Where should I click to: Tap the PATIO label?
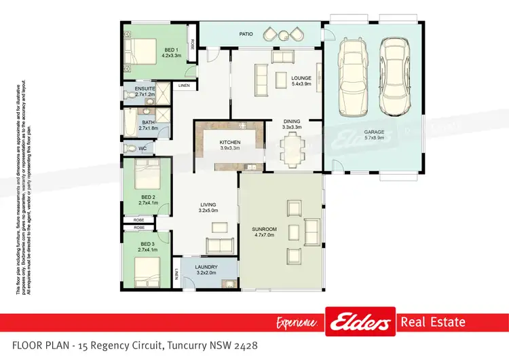[x=246, y=33]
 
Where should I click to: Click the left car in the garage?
[x=352, y=78]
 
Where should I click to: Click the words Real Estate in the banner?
[x=433, y=322]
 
